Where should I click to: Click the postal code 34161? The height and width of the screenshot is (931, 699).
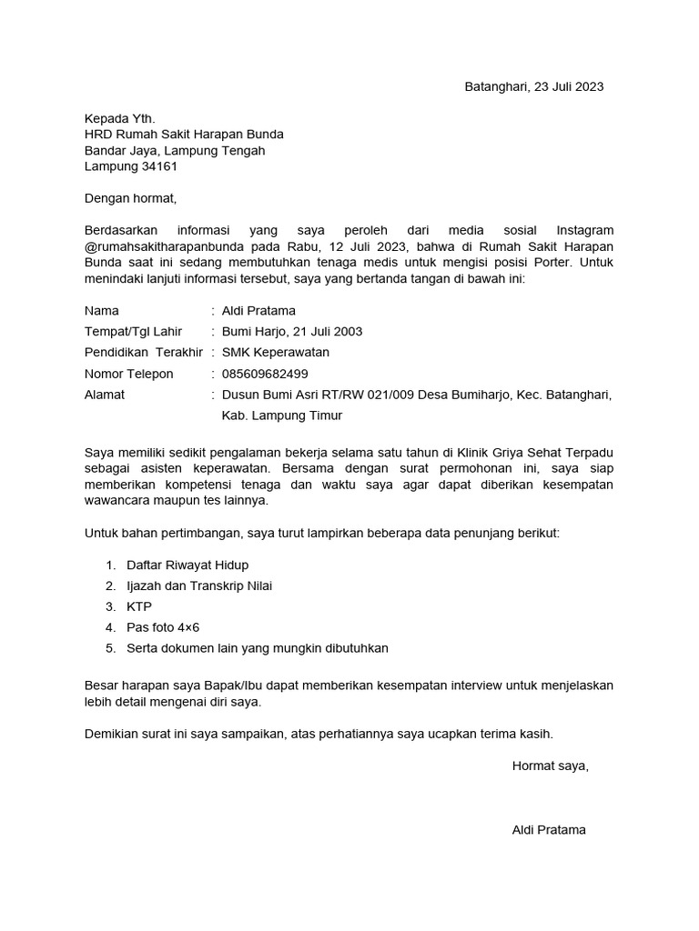tap(158, 166)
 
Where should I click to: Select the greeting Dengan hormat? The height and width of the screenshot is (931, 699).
tap(130, 198)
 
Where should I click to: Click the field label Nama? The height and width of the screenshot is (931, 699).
tap(101, 311)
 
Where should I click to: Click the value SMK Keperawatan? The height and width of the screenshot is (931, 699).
tap(276, 353)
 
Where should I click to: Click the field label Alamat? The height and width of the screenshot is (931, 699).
tap(105, 395)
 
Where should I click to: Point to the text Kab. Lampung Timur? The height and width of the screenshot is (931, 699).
tap(282, 415)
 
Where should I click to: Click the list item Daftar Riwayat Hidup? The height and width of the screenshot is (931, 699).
tap(187, 566)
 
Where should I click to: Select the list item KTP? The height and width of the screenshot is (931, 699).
tap(139, 606)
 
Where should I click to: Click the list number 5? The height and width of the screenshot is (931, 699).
tap(110, 648)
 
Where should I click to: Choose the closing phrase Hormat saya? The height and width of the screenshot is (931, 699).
tap(551, 766)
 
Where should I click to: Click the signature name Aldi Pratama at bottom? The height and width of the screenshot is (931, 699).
tap(549, 830)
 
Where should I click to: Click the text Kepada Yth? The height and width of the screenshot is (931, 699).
tap(120, 118)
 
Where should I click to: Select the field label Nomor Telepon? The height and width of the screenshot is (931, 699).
tap(128, 374)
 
